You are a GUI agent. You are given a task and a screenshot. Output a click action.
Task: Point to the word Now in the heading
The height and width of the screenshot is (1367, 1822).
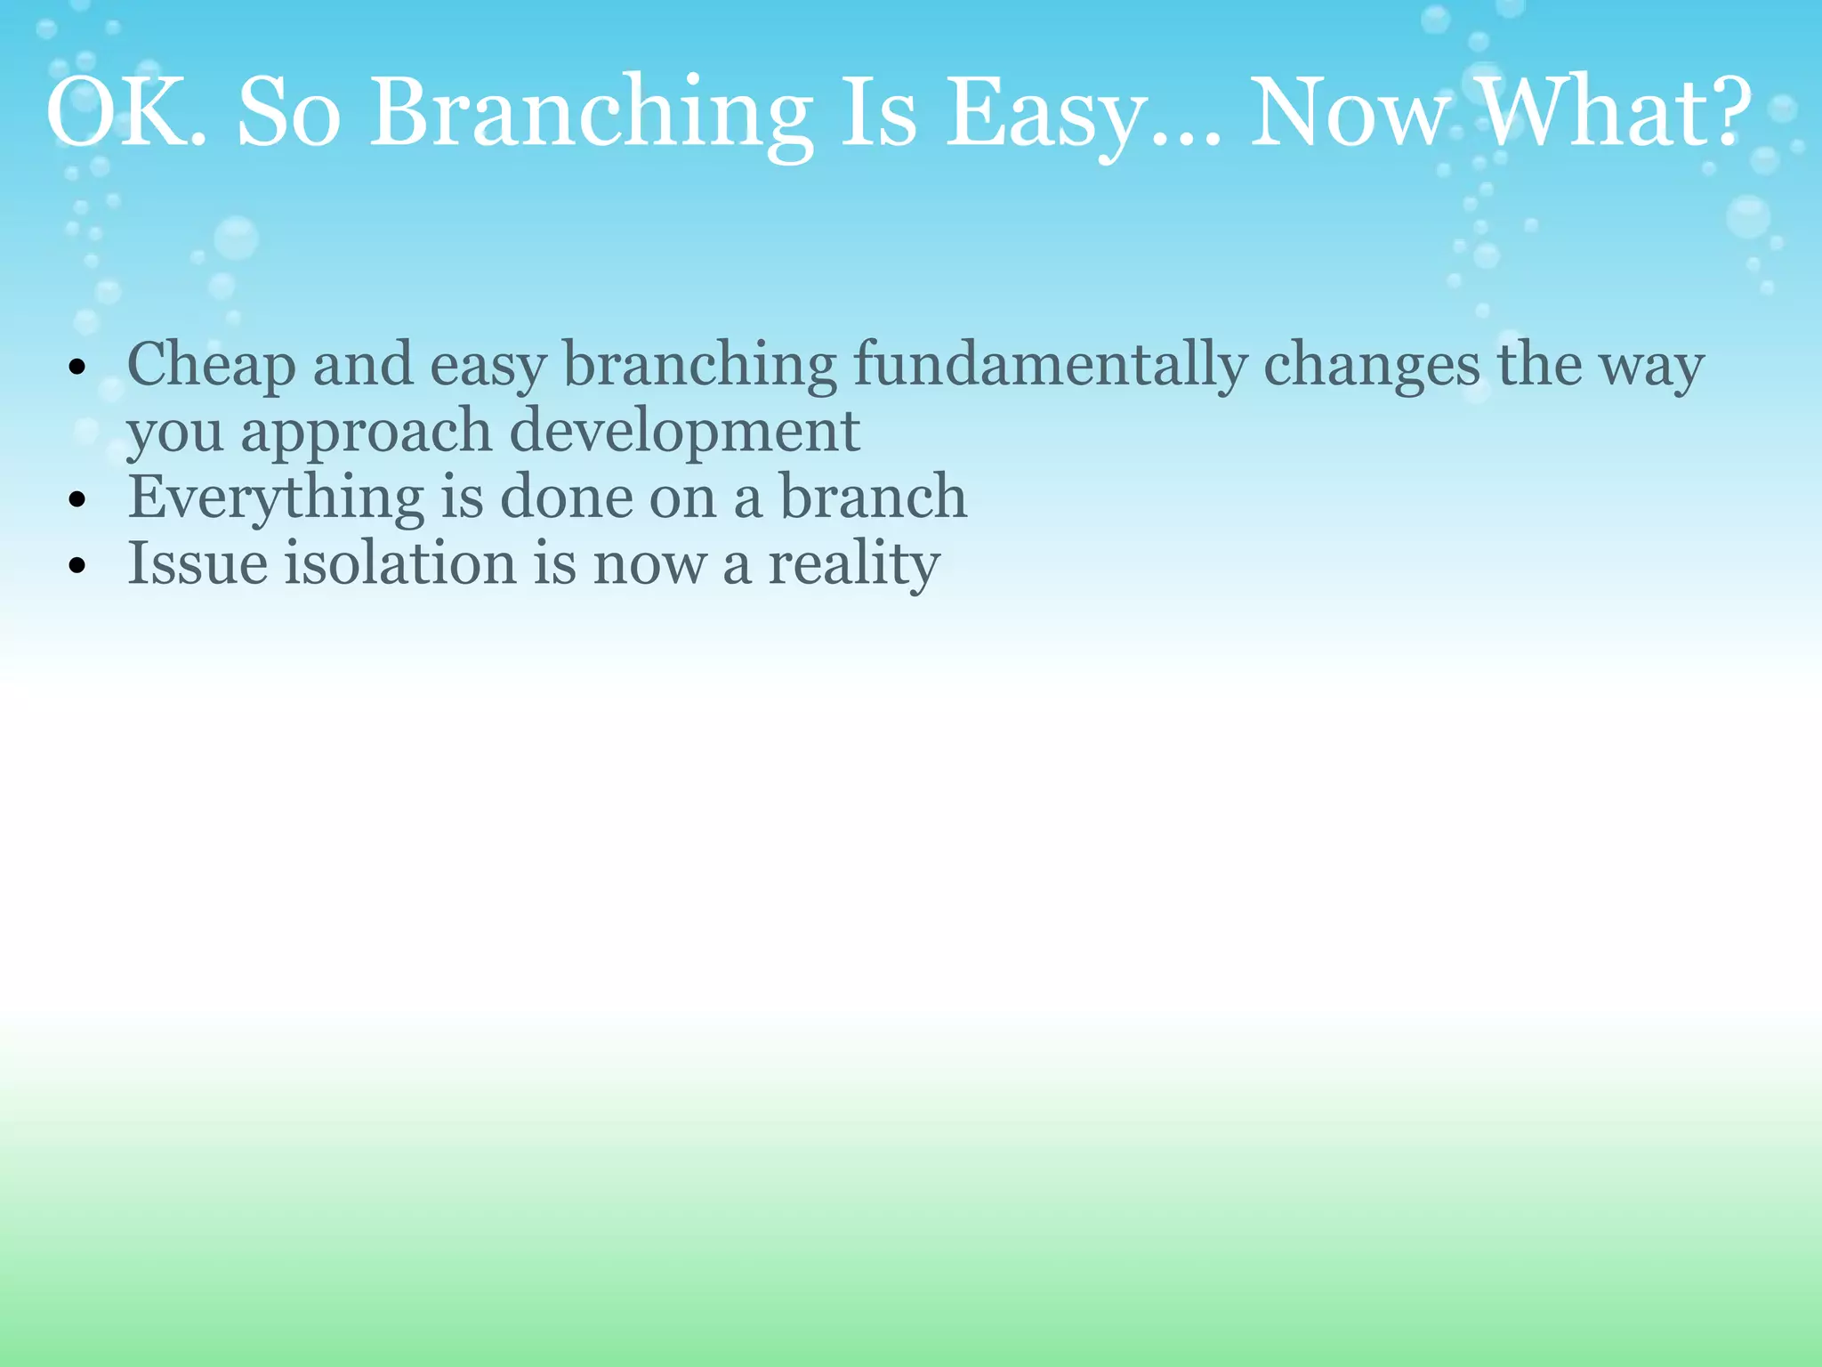1349,114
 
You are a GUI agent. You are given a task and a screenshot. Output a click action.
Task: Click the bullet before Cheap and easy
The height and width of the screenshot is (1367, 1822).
77,367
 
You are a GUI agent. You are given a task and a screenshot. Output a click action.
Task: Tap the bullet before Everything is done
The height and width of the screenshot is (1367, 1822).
77,499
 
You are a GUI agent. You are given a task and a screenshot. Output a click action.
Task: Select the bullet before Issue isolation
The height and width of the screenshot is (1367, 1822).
77,566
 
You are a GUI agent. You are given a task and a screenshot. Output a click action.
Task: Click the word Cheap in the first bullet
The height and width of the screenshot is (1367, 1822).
211,365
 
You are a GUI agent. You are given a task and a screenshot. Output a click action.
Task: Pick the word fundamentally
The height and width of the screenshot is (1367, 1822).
1050,365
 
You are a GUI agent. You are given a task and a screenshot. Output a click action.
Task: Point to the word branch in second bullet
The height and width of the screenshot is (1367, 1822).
873,497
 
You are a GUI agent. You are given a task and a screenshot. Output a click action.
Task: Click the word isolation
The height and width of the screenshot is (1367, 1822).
400,563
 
